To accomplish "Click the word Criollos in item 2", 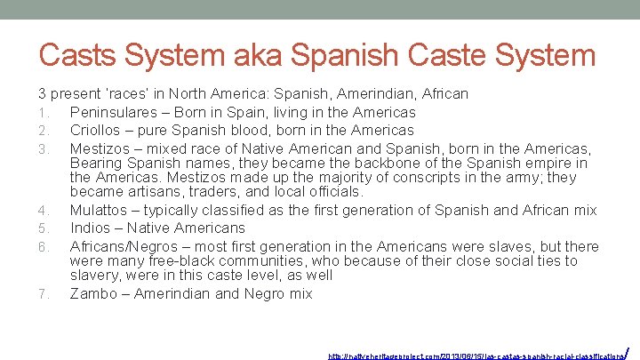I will click(x=98, y=130).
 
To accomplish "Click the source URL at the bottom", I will click(x=476, y=355).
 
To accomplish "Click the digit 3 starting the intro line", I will click(x=42, y=93).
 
